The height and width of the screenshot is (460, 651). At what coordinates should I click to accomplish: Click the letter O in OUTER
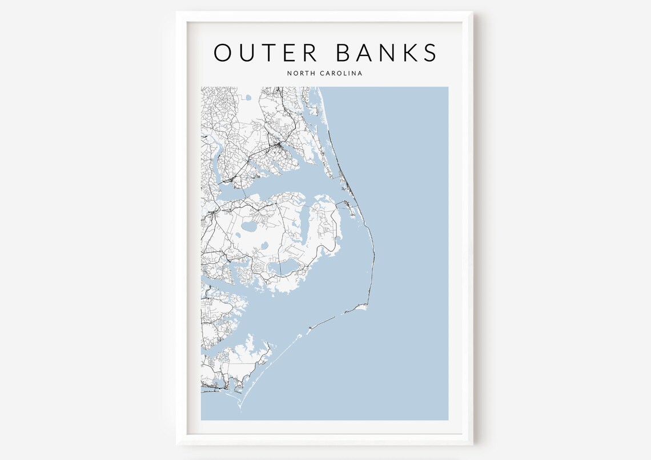point(224,53)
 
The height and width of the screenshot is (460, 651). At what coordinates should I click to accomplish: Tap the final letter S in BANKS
point(428,53)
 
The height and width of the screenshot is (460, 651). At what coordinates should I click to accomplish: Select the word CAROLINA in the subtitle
point(341,73)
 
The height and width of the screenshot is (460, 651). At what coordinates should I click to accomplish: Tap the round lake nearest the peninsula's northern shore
point(250,226)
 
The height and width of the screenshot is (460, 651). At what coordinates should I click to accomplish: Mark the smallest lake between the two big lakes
point(264,246)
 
